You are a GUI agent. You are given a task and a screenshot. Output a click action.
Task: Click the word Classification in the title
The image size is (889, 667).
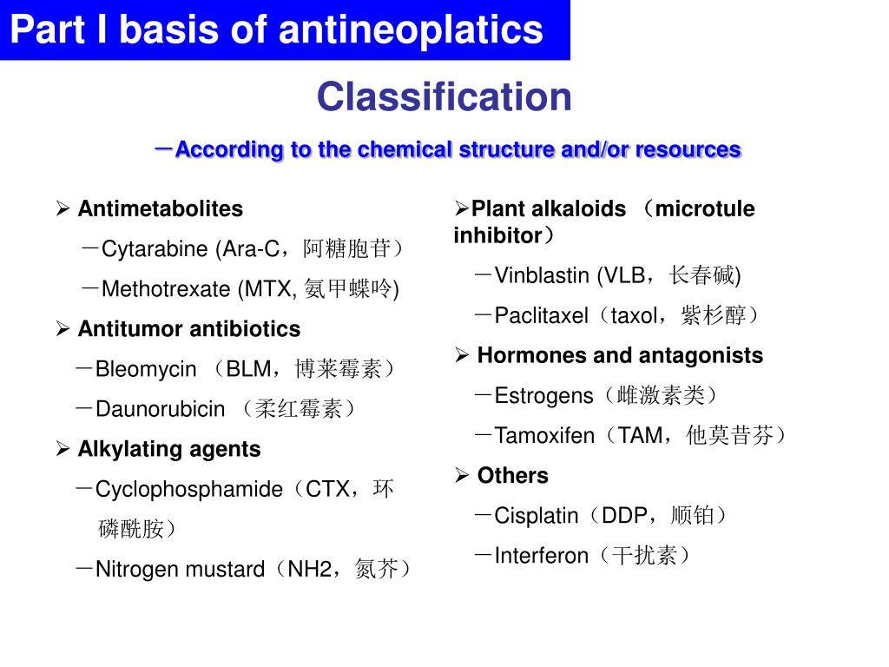pos(444,97)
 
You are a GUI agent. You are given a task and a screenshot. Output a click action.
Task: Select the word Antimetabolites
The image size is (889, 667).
pos(161,209)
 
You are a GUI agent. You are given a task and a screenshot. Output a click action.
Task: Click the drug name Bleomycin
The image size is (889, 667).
pos(146,369)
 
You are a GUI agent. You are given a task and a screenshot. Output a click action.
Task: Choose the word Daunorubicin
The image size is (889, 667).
pos(160,409)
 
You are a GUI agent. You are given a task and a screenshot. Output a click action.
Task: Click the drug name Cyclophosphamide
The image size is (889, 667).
pos(188,489)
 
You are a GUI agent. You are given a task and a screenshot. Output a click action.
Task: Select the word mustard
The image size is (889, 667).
pos(224,570)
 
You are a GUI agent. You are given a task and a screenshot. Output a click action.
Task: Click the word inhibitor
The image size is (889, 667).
pos(497,235)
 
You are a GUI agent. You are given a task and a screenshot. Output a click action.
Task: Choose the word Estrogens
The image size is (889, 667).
pos(543,396)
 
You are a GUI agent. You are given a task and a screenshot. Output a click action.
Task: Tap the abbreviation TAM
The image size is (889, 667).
pos(639,436)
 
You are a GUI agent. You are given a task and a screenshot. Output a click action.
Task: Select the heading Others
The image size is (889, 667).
pos(512,476)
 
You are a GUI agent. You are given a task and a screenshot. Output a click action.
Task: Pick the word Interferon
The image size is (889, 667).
pos(541,556)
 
